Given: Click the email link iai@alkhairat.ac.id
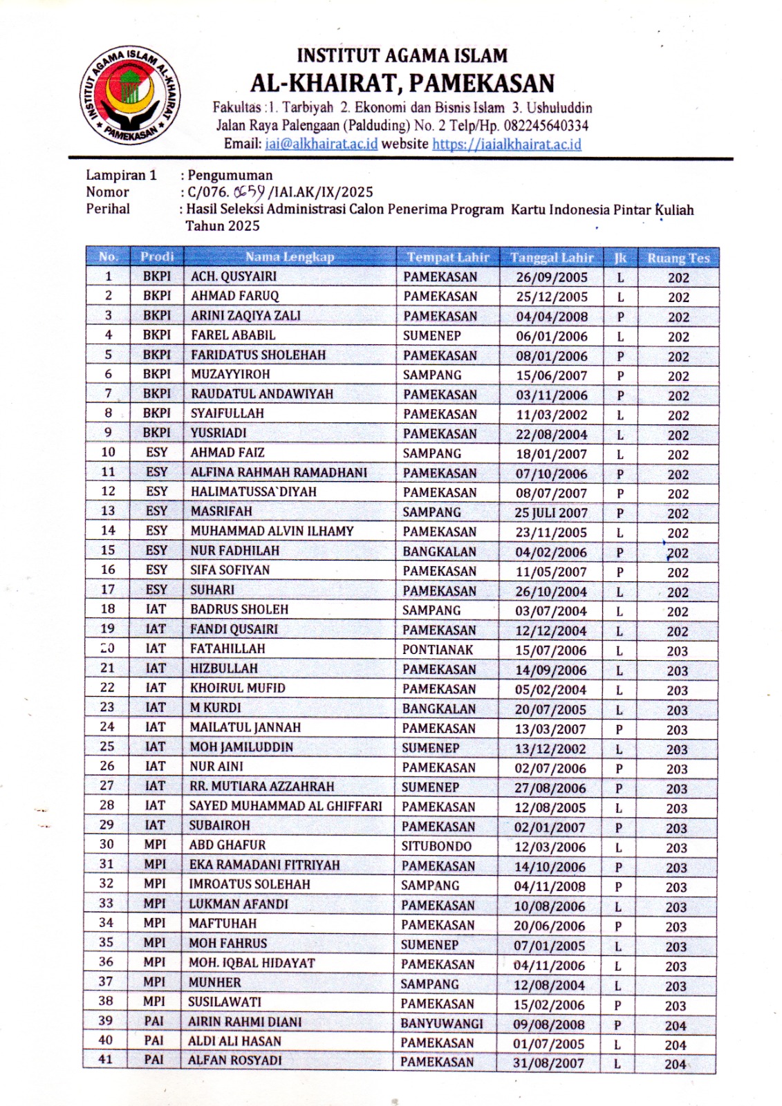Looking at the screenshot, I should click(x=321, y=144).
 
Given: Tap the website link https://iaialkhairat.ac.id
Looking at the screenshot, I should click(x=506, y=144).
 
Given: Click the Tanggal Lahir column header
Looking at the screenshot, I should click(x=552, y=258).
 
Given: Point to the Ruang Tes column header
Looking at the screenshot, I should click(x=678, y=259).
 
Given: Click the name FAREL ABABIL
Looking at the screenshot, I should click(x=233, y=335).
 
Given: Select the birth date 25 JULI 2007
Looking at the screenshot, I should click(x=550, y=513).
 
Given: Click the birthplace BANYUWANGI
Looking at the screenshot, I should click(x=442, y=1024).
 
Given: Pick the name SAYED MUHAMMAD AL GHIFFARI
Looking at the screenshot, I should click(x=286, y=806).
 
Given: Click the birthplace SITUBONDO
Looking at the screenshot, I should click(x=436, y=846).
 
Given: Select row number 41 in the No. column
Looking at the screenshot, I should click(x=106, y=1059).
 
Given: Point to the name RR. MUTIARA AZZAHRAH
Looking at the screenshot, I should click(x=261, y=787).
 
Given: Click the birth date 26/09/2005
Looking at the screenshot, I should click(x=551, y=277).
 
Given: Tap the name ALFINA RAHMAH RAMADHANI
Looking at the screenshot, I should click(x=279, y=473).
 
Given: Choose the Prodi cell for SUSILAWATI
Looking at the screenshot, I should click(x=155, y=1002).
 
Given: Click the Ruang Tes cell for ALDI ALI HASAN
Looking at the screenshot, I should click(x=676, y=1045).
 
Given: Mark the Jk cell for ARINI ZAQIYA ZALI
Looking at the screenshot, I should click(x=620, y=317).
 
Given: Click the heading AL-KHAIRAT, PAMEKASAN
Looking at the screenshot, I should click(x=402, y=84).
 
